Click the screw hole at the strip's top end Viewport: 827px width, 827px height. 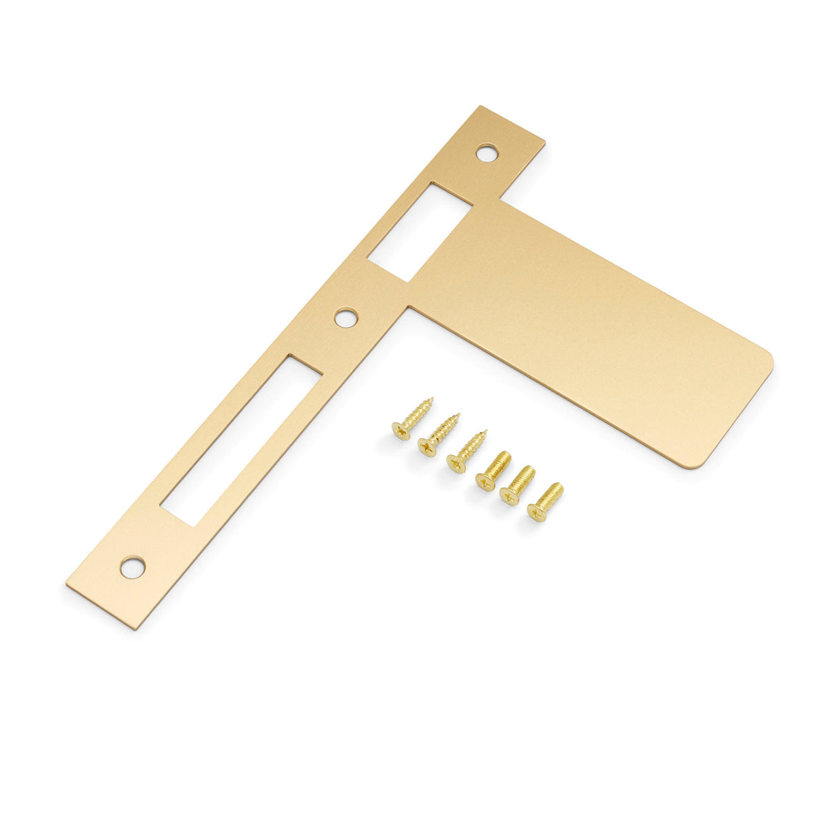point(487,152)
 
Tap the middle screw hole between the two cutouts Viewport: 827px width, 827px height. point(346,318)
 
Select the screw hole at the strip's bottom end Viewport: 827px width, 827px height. point(132,567)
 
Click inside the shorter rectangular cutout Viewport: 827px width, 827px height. point(419,232)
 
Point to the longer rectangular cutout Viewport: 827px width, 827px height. point(242,440)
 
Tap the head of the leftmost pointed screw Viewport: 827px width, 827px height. point(401,431)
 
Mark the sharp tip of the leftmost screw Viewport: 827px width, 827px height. point(432,398)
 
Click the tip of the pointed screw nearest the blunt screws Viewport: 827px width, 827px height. point(487,431)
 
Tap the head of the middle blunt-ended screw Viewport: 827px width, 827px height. point(509,496)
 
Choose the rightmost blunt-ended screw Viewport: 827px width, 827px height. point(545,501)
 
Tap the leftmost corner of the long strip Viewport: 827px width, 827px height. point(67,586)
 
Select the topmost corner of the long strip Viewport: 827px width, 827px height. point(480,106)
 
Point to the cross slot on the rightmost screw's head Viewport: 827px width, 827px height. point(537,512)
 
